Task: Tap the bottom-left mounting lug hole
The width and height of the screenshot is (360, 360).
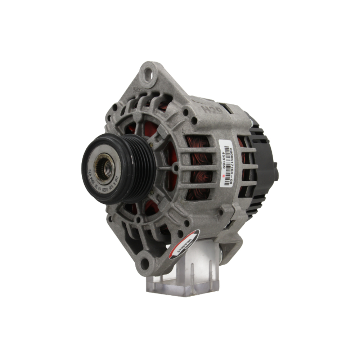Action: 145,264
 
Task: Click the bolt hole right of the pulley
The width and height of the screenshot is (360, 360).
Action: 175,168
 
